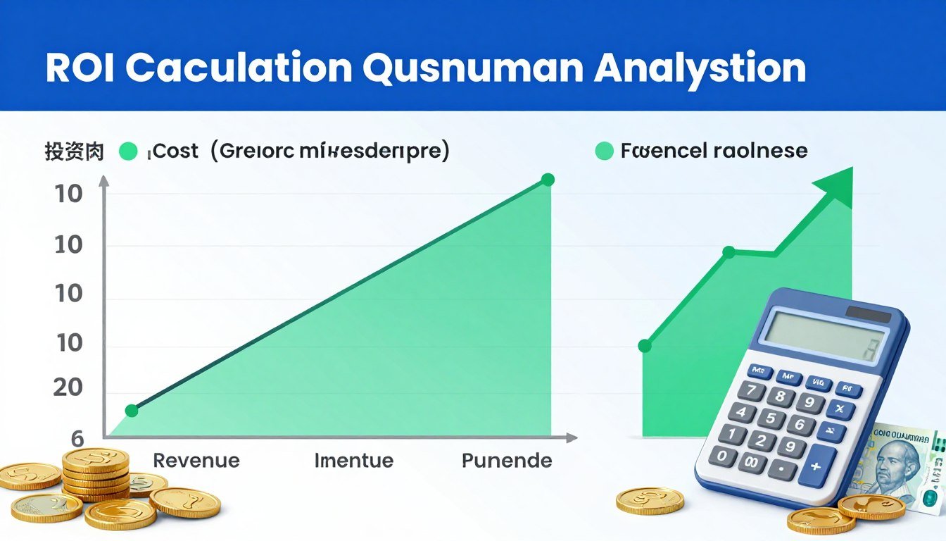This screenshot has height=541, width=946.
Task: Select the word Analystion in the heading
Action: coord(700,68)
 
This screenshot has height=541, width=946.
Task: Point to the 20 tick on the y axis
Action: coord(68,388)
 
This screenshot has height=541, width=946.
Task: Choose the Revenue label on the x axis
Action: coord(196,461)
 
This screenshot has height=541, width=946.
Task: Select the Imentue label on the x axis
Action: coord(353,461)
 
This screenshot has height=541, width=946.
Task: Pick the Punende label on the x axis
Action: coord(507,461)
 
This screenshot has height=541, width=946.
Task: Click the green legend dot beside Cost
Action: coord(128,151)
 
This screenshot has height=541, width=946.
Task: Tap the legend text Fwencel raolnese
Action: coord(714,151)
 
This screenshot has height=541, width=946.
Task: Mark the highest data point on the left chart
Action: coord(548,180)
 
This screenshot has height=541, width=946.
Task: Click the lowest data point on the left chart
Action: coord(132,411)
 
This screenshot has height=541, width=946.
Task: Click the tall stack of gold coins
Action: coord(96,472)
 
